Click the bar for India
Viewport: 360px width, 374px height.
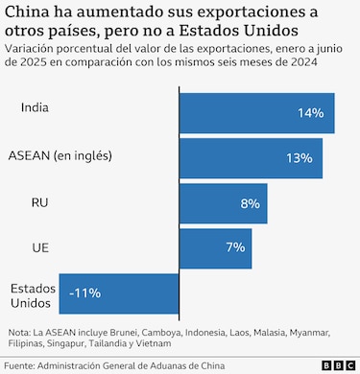point(256,113)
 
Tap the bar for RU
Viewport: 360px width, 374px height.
point(223,203)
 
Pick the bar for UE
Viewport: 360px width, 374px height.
point(215,247)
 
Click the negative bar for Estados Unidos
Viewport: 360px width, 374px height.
point(119,292)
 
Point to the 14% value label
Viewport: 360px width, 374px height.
point(310,113)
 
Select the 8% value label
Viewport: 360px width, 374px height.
point(251,203)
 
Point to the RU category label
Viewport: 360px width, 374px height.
point(39,201)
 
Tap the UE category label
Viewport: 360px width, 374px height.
point(39,248)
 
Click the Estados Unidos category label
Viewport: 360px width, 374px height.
point(34,295)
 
